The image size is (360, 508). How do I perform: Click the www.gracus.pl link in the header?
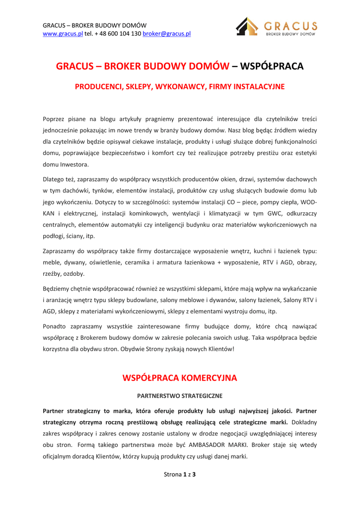coord(63,34)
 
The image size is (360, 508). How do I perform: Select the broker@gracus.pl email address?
coord(167,34)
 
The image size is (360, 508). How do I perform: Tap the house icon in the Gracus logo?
coord(247,26)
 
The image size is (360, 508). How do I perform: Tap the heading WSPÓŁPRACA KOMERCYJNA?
coord(180,378)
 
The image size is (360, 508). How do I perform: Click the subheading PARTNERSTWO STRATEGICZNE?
coord(180,396)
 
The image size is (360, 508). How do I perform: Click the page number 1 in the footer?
coord(185,475)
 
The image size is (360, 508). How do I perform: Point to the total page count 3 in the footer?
coord(194,475)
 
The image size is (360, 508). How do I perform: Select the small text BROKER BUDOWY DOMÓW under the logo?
coord(291,35)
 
